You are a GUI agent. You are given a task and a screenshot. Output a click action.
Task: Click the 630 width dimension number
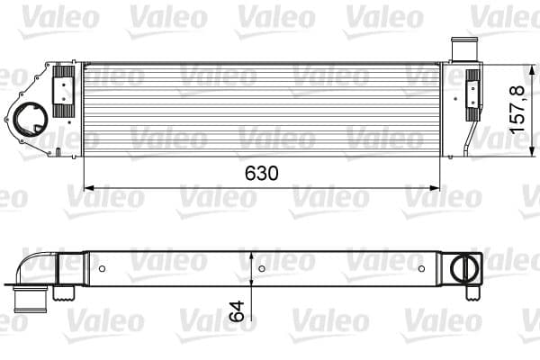(x=260, y=172)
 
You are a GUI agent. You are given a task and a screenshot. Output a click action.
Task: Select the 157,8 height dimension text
(x=517, y=110)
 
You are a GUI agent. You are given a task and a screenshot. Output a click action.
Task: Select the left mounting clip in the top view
(x=66, y=91)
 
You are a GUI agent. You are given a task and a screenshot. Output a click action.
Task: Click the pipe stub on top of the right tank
(x=461, y=49)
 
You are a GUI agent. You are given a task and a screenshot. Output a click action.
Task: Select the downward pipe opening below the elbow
(x=31, y=299)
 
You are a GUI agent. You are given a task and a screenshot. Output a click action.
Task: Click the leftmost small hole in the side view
(x=103, y=268)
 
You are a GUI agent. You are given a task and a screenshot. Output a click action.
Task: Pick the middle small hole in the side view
(x=261, y=268)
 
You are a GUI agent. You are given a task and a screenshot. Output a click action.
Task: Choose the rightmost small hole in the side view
(x=421, y=268)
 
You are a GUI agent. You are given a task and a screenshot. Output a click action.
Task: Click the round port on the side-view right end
(x=466, y=267)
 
